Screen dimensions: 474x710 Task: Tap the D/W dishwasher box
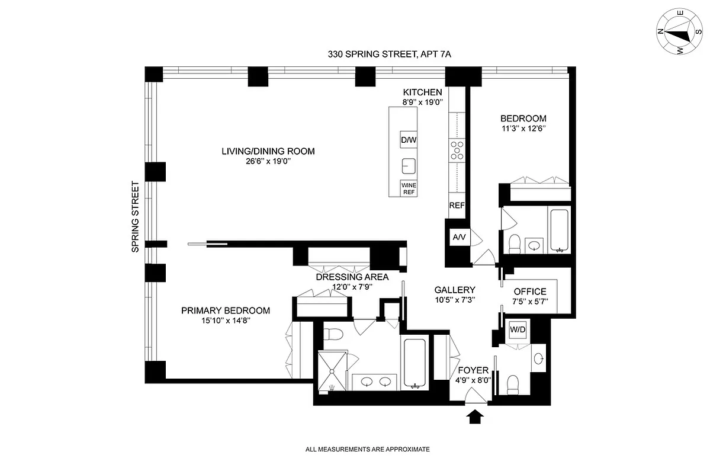click(409, 139)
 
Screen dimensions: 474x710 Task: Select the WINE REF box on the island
click(409, 188)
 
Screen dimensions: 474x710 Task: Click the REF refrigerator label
click(457, 206)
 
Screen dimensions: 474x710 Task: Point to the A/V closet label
click(459, 238)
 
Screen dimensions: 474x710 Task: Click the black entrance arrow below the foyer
click(476, 418)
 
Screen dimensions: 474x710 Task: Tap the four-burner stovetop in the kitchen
click(457, 150)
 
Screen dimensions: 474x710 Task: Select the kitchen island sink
click(409, 164)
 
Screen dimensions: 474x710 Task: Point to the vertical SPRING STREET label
click(136, 217)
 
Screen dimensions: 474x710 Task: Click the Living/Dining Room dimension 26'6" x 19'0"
click(268, 162)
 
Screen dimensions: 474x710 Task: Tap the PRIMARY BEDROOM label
click(226, 310)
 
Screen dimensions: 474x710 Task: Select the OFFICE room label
click(530, 292)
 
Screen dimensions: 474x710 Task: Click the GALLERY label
click(455, 290)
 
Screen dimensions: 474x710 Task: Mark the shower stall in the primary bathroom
click(330, 371)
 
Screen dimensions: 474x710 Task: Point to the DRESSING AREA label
click(352, 277)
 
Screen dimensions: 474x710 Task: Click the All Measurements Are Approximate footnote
click(367, 450)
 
